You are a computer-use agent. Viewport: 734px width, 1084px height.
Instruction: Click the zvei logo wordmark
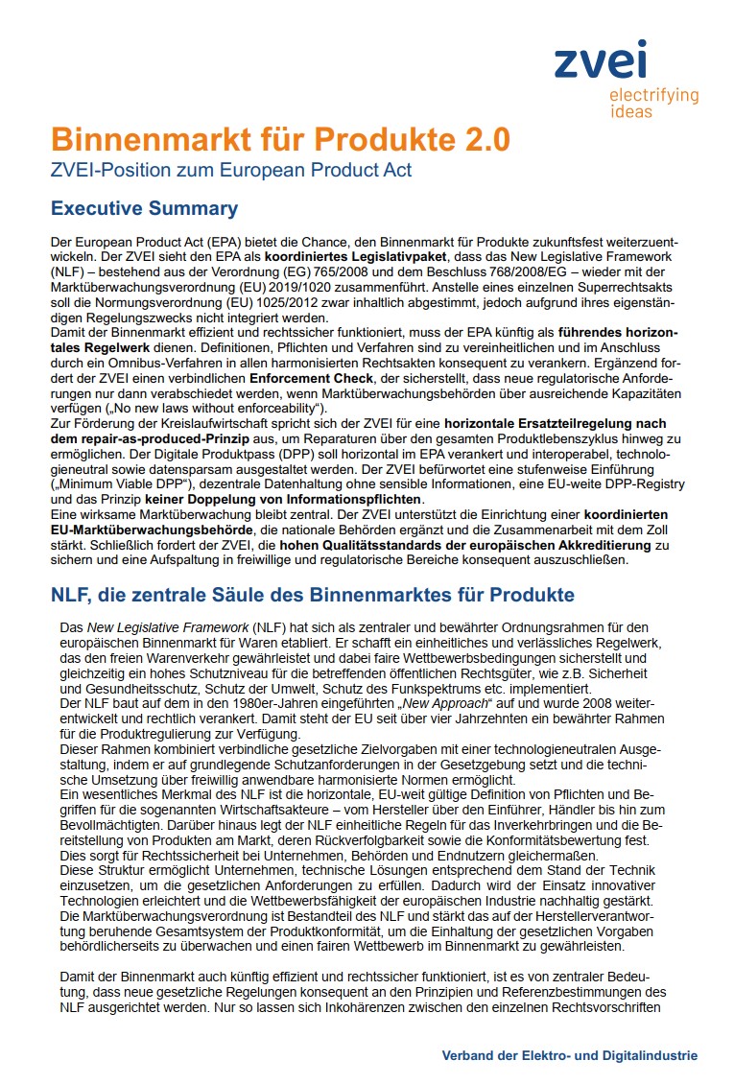[x=601, y=60]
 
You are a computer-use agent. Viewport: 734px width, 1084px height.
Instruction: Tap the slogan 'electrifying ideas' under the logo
[x=653, y=103]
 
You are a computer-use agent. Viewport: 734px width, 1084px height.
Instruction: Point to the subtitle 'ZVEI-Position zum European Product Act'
[x=231, y=171]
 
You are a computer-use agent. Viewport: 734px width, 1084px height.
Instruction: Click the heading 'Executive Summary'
[x=144, y=208]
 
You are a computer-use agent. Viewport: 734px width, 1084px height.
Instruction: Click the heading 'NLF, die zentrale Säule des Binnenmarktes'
[x=312, y=596]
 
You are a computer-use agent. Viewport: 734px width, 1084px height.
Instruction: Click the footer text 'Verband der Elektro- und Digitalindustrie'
[x=569, y=1055]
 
